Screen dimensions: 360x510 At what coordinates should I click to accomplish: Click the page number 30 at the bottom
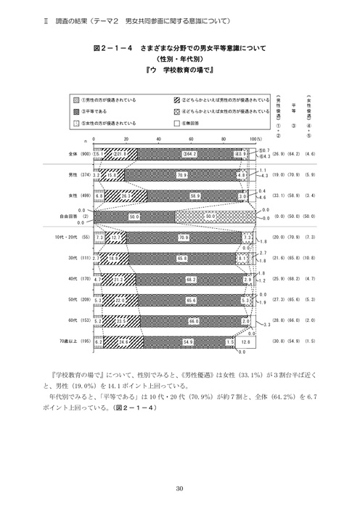pyautogui.click(x=179, y=487)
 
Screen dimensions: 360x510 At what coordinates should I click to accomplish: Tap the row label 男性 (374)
pyautogui.click(x=78, y=175)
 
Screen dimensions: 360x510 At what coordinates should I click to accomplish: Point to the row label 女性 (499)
pyautogui.click(x=78, y=195)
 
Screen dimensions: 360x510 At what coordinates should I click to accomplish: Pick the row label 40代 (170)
pyautogui.click(x=78, y=278)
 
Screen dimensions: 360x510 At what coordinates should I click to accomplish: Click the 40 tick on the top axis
pyautogui.click(x=158, y=138)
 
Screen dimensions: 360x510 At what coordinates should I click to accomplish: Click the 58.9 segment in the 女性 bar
pyautogui.click(x=196, y=195)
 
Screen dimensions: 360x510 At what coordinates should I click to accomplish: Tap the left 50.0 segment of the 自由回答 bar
pyautogui.click(x=135, y=216)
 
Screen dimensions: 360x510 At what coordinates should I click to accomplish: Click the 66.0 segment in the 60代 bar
pyautogui.click(x=194, y=320)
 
